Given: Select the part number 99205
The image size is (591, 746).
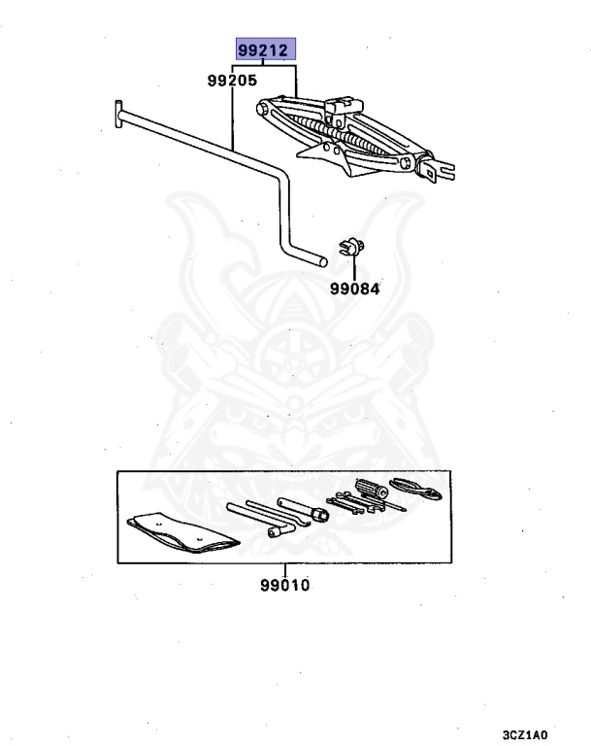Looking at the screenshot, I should (230, 84).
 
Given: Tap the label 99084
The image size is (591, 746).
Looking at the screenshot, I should (354, 288).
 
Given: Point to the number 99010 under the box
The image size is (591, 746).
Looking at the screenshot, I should (286, 586).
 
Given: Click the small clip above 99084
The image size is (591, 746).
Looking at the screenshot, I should (350, 248).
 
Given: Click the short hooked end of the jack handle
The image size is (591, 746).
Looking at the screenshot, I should (312, 257).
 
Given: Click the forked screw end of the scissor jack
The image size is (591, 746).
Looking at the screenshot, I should (438, 171).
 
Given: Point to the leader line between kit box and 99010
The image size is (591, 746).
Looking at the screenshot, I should (285, 570).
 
